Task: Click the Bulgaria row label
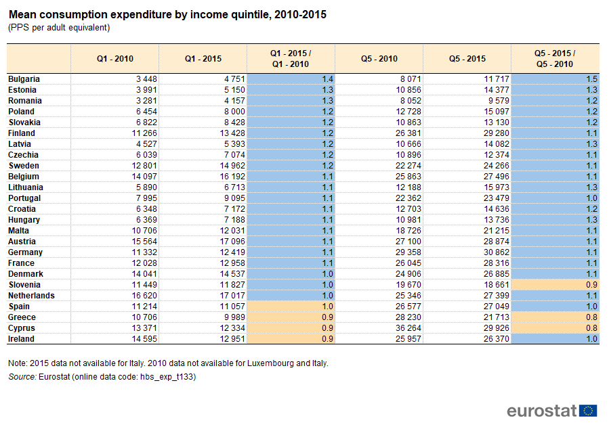click(x=24, y=79)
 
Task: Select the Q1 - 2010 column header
click(x=115, y=59)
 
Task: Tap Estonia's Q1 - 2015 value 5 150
click(x=234, y=90)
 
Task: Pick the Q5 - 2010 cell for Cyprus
click(x=408, y=328)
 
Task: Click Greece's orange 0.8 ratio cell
click(x=555, y=317)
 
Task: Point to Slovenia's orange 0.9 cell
click(x=555, y=285)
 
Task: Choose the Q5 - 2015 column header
click(x=467, y=59)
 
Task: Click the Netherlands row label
click(x=31, y=296)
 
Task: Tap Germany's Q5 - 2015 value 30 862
click(x=497, y=252)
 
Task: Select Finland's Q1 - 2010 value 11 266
click(x=144, y=133)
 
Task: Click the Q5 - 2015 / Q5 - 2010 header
click(x=555, y=59)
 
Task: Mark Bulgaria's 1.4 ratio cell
click(x=291, y=79)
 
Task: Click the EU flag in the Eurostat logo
click(x=588, y=411)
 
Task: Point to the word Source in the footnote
click(x=22, y=377)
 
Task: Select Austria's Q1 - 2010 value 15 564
click(x=144, y=242)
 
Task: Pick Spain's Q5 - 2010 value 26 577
click(x=408, y=307)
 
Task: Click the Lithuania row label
click(x=26, y=187)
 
